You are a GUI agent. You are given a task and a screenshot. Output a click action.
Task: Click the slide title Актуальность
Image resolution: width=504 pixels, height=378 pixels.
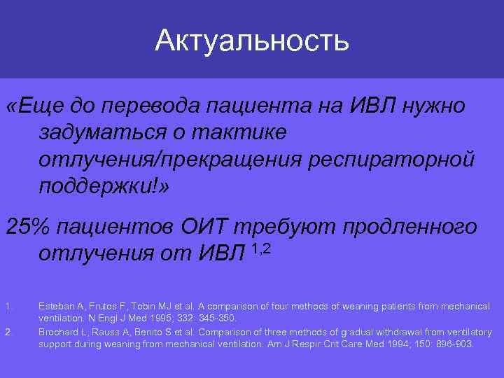252,40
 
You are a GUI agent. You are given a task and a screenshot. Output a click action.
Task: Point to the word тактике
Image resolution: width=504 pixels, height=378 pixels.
241,132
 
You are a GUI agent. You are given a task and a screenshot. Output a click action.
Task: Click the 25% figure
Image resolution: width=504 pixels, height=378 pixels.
27,227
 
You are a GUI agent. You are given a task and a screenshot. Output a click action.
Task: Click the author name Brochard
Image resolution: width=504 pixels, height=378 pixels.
57,332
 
